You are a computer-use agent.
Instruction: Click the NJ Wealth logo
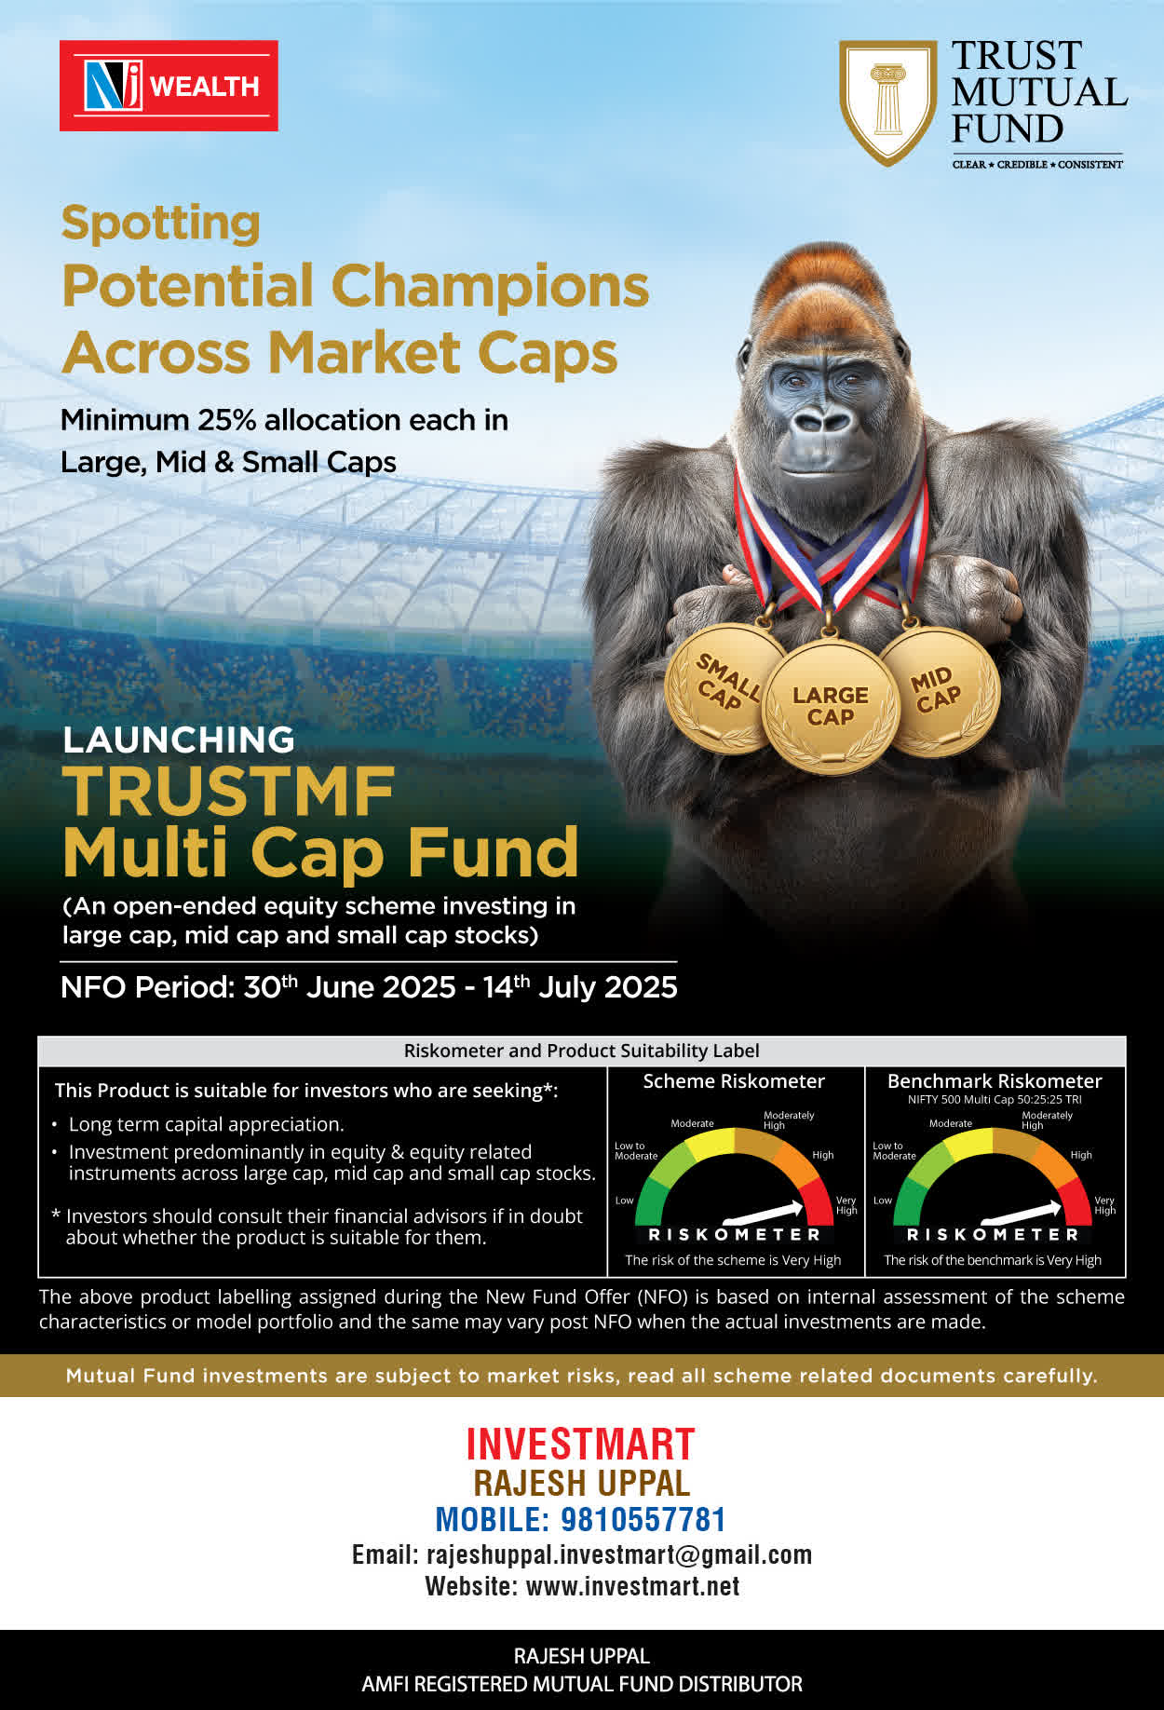pos(169,86)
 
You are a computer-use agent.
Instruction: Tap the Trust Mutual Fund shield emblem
pos(887,102)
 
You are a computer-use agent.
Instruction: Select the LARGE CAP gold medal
pos(831,706)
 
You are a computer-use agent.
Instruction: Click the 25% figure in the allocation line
pos(227,420)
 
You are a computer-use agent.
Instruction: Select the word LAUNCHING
pos(179,740)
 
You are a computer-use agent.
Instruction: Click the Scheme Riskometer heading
pos(734,1081)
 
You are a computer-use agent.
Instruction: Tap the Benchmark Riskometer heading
pos(995,1081)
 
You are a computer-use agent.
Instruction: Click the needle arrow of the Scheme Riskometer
pos(763,1212)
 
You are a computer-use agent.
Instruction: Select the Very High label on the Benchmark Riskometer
pos(1104,1205)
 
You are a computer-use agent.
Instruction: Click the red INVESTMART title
pos(581,1445)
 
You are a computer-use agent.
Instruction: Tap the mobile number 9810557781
pos(643,1520)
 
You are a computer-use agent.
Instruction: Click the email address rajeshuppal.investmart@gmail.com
pos(619,1555)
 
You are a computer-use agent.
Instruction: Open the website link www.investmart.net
pos(633,1586)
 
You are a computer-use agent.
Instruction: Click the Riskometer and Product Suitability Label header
pos(582,1051)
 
